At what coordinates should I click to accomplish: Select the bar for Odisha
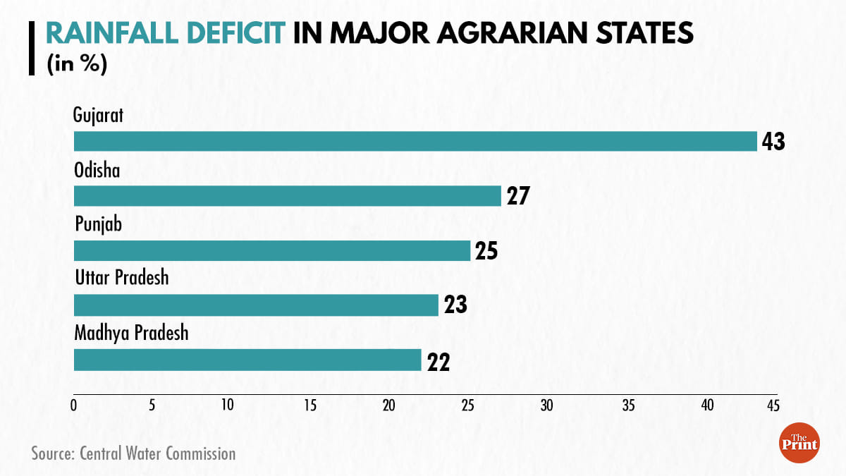point(287,195)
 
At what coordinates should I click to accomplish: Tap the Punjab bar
point(271,250)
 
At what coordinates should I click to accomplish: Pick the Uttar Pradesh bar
point(256,305)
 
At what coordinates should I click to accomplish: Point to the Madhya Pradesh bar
point(247,360)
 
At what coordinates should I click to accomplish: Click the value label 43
point(773,141)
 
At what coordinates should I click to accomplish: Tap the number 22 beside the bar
point(437,361)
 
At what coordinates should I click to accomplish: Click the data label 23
point(455,306)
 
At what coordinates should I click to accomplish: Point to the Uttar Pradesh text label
point(122,278)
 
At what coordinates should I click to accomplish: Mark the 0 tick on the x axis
point(73,405)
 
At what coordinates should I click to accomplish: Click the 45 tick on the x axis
point(773,405)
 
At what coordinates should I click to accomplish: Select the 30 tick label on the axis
point(546,405)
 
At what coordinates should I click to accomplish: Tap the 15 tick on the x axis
point(310,405)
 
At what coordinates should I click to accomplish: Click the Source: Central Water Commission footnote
point(133,453)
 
